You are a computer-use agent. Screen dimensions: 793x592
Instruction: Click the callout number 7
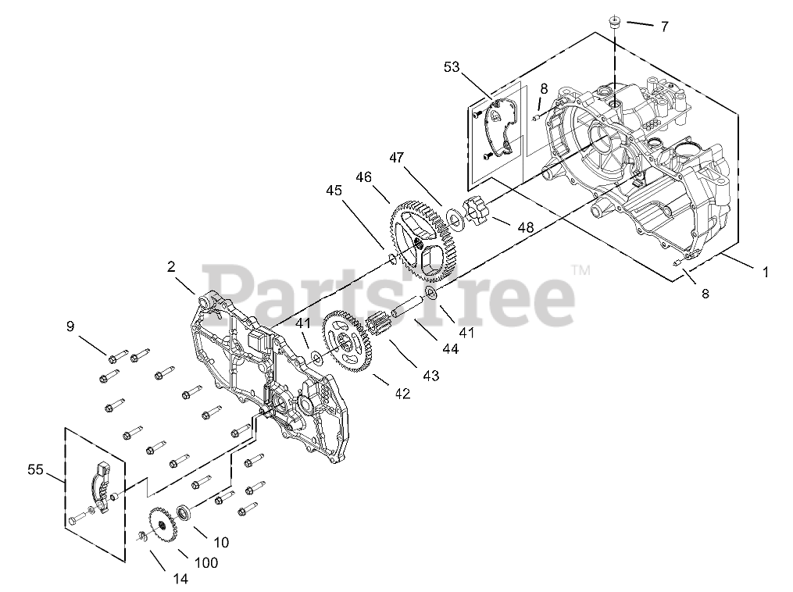point(664,27)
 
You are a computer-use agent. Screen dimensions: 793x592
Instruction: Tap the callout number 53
point(452,68)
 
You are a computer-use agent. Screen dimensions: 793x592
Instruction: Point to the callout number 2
point(170,266)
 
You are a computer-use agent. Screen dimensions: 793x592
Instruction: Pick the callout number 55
point(36,469)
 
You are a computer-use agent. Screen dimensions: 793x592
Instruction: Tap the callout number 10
point(221,542)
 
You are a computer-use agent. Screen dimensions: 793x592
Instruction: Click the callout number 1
point(766,273)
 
